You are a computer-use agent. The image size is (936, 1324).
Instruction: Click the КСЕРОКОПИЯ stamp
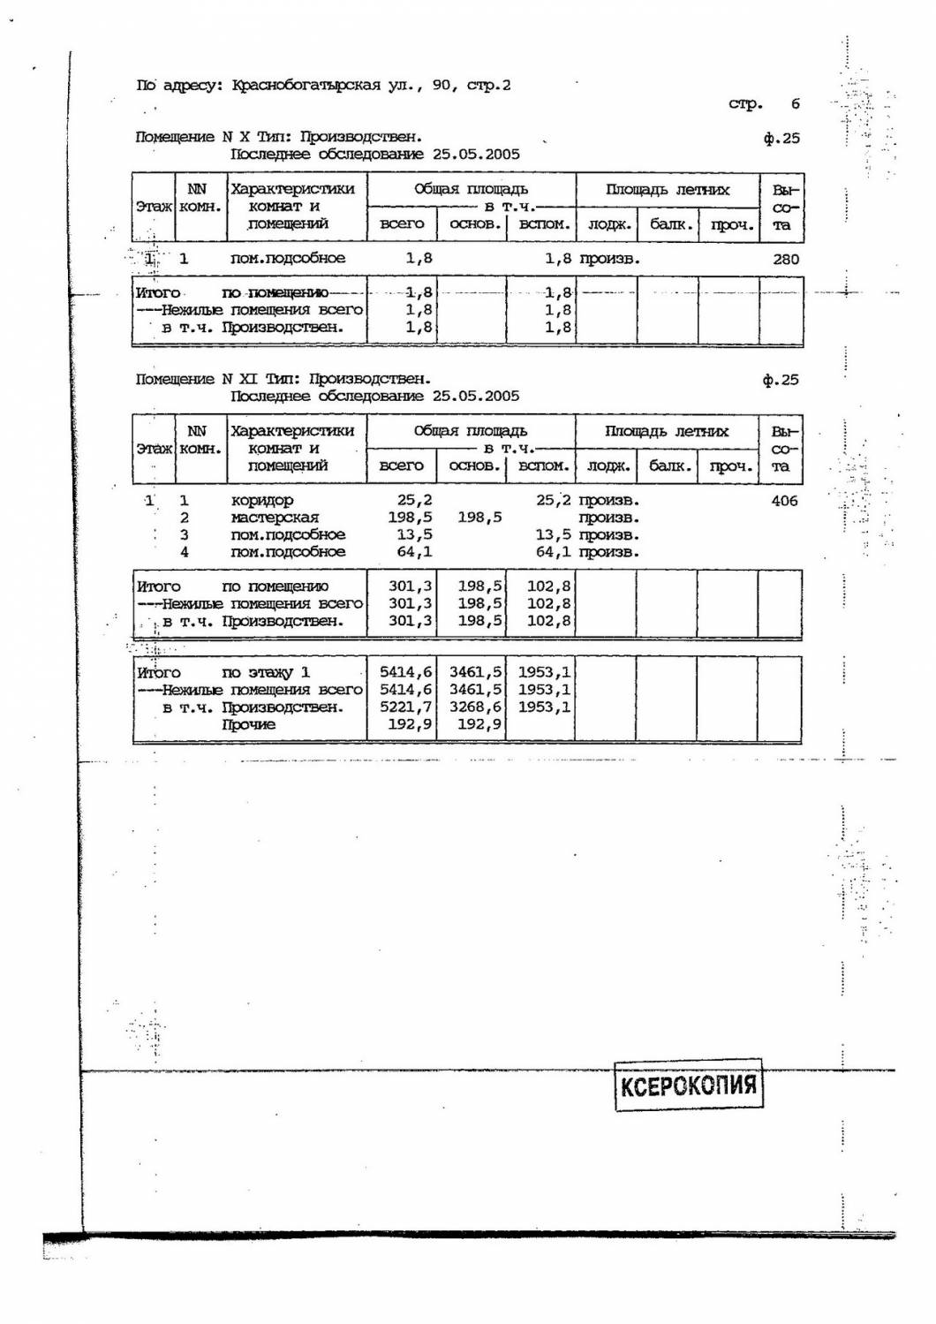(688, 1085)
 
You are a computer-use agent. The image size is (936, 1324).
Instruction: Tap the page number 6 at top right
(795, 103)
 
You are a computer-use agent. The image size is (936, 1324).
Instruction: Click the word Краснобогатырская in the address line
(306, 86)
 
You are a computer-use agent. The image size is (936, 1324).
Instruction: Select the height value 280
(784, 259)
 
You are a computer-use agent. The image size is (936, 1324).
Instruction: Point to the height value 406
(783, 501)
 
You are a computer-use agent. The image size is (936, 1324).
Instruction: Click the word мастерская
(275, 518)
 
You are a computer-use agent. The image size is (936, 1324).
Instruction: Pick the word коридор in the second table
(261, 500)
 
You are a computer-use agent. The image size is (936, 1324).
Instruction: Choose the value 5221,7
(405, 707)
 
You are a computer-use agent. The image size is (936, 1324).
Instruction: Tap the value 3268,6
(475, 707)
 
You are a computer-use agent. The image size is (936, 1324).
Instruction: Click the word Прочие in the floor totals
(248, 725)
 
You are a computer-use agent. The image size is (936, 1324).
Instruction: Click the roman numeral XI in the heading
(249, 379)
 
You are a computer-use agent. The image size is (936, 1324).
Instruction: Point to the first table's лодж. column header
(608, 224)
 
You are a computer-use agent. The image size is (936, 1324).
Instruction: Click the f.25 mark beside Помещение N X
(781, 138)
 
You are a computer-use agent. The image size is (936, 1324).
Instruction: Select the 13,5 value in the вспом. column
(553, 534)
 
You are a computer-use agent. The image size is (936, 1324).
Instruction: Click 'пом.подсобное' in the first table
(288, 258)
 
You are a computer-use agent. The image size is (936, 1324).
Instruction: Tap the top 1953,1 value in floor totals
(544, 673)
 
